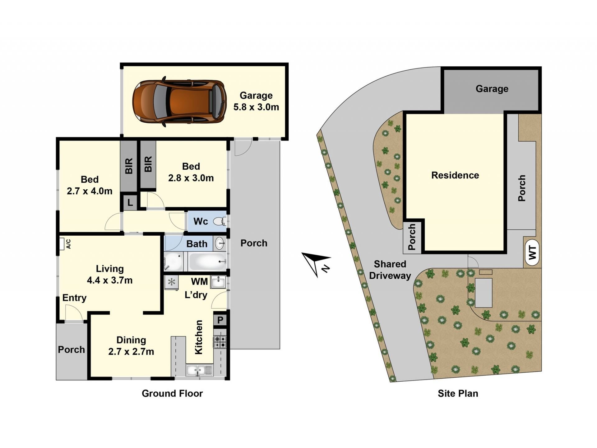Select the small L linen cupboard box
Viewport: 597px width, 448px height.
pyautogui.click(x=130, y=203)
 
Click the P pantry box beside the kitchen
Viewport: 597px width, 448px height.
pyautogui.click(x=220, y=320)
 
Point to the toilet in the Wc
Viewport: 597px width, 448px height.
pyautogui.click(x=220, y=221)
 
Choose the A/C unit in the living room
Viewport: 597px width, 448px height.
pyautogui.click(x=62, y=244)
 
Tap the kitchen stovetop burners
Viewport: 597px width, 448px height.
pyautogui.click(x=220, y=342)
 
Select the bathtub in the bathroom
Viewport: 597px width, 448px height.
pyautogui.click(x=207, y=261)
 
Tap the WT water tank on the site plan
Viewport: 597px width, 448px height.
pyautogui.click(x=533, y=252)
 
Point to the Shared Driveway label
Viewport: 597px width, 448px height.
pyautogui.click(x=390, y=270)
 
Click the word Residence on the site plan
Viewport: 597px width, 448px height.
pyautogui.click(x=455, y=175)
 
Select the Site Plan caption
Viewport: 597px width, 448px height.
pyautogui.click(x=458, y=394)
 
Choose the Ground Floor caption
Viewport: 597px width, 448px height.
pyautogui.click(x=172, y=394)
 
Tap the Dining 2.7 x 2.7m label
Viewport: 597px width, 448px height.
pyautogui.click(x=131, y=346)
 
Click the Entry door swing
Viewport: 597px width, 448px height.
pyautogui.click(x=74, y=313)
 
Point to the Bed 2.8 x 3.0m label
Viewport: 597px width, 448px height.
pyautogui.click(x=191, y=172)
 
